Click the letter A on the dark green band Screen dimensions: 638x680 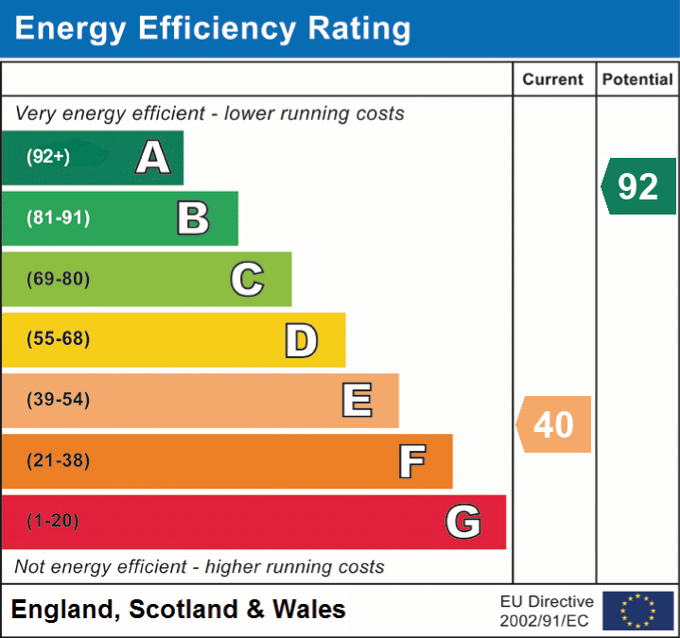[153, 158]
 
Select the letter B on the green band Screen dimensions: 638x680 [193, 218]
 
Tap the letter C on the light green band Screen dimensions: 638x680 [247, 279]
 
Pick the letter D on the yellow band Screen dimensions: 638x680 [301, 340]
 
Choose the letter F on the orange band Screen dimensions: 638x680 [410, 461]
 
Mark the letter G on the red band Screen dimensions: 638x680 [463, 522]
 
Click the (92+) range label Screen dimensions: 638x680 [48, 158]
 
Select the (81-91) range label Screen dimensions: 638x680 [59, 218]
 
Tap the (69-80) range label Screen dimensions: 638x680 [59, 279]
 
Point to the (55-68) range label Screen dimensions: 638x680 [59, 339]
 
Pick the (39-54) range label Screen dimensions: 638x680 [59, 400]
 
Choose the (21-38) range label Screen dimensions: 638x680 [59, 460]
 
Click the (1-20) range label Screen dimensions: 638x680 [53, 521]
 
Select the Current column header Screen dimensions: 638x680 [554, 80]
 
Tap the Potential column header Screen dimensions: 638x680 [637, 80]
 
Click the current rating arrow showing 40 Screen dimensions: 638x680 [554, 424]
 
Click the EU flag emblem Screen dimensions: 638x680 [637, 611]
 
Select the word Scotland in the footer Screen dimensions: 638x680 [184, 610]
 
